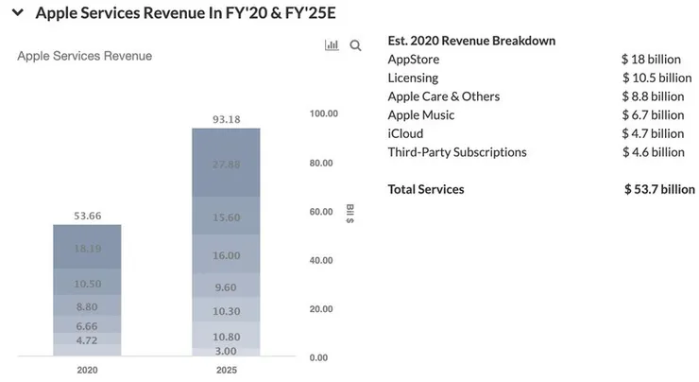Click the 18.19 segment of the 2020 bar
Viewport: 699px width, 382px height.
(x=87, y=248)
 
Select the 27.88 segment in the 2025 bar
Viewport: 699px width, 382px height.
(x=226, y=164)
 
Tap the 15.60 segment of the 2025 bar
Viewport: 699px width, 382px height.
(x=226, y=217)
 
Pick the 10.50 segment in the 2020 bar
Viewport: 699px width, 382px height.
(x=87, y=284)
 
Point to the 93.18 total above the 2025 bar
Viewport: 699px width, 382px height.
(x=226, y=119)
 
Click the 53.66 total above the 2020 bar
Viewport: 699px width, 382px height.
(x=87, y=216)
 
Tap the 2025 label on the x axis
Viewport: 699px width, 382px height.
(x=226, y=370)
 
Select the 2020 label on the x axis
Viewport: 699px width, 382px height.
(x=87, y=370)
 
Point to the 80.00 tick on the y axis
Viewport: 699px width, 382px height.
(x=324, y=163)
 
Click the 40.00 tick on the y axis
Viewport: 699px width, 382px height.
(x=324, y=260)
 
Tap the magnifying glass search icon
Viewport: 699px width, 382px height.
(x=356, y=45)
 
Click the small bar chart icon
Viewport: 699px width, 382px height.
(x=332, y=45)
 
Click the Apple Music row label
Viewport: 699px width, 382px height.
(x=421, y=115)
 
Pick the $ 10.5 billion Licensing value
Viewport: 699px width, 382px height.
(x=656, y=78)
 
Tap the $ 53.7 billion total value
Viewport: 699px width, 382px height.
(x=659, y=189)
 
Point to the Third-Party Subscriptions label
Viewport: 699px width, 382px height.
(x=457, y=152)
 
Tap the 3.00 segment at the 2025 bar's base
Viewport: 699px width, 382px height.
(x=226, y=351)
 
